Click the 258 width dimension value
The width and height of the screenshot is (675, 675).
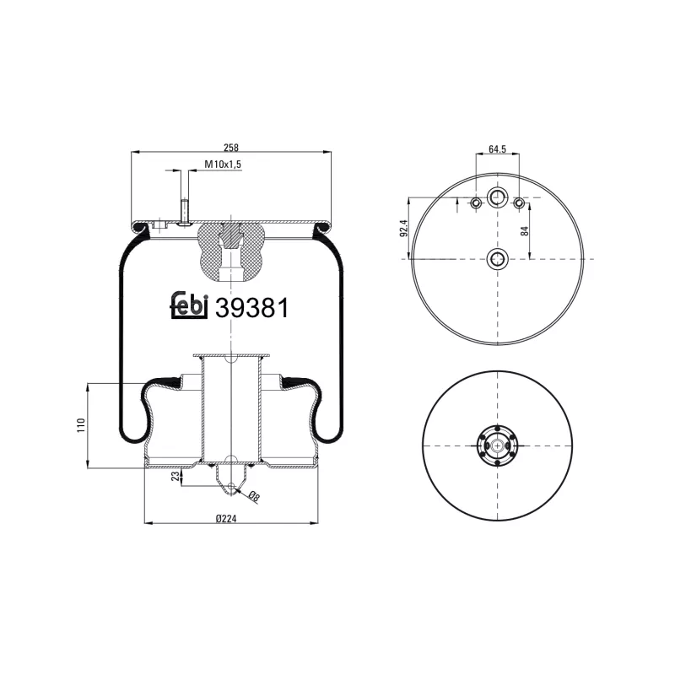tap(231, 145)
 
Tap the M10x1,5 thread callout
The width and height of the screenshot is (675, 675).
tap(222, 166)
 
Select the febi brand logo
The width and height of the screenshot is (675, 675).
tap(189, 307)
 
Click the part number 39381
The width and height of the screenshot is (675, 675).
tap(252, 309)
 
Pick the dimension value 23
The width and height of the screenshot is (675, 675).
tap(175, 476)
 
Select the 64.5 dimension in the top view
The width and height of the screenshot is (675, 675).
tap(497, 149)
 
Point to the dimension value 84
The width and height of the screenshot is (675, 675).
tap(524, 230)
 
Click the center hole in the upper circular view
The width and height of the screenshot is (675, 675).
tap(497, 258)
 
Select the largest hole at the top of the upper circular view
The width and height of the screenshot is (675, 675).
tap(497, 197)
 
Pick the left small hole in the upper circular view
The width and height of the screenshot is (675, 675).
tap(476, 203)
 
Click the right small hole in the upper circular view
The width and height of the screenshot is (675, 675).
tap(519, 203)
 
